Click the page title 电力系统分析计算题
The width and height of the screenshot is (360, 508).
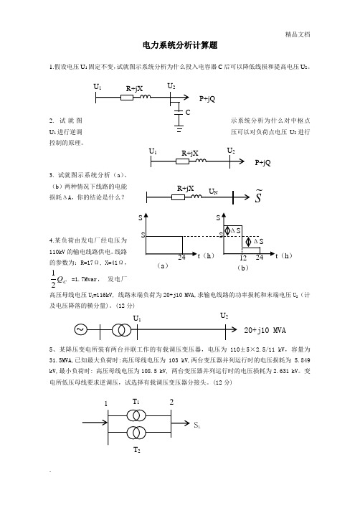click(180, 45)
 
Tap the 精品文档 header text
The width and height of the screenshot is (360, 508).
click(298, 34)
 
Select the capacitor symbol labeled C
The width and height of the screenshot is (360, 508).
click(179, 112)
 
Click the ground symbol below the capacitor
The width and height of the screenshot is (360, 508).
click(179, 128)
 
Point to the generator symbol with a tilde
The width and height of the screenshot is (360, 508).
click(80, 329)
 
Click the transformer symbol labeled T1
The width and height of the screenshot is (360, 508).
click(136, 415)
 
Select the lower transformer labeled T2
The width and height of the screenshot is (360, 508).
click(136, 432)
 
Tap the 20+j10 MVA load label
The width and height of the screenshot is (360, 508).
click(265, 330)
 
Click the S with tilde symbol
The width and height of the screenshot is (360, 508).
click(258, 196)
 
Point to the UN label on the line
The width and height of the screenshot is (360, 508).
click(213, 191)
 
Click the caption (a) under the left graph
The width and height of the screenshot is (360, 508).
click(162, 265)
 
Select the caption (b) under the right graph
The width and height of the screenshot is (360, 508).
click(243, 268)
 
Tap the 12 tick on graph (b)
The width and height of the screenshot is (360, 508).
click(243, 258)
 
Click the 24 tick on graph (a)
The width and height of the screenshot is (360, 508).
click(181, 258)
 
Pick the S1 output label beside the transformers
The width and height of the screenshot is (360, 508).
click(197, 425)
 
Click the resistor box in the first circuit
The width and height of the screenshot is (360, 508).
click(127, 97)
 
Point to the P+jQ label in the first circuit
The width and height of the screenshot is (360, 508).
click(207, 98)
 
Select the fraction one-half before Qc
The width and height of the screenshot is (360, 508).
click(53, 279)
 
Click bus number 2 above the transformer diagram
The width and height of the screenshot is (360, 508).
click(171, 402)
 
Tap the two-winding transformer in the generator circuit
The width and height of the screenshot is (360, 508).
click(121, 330)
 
